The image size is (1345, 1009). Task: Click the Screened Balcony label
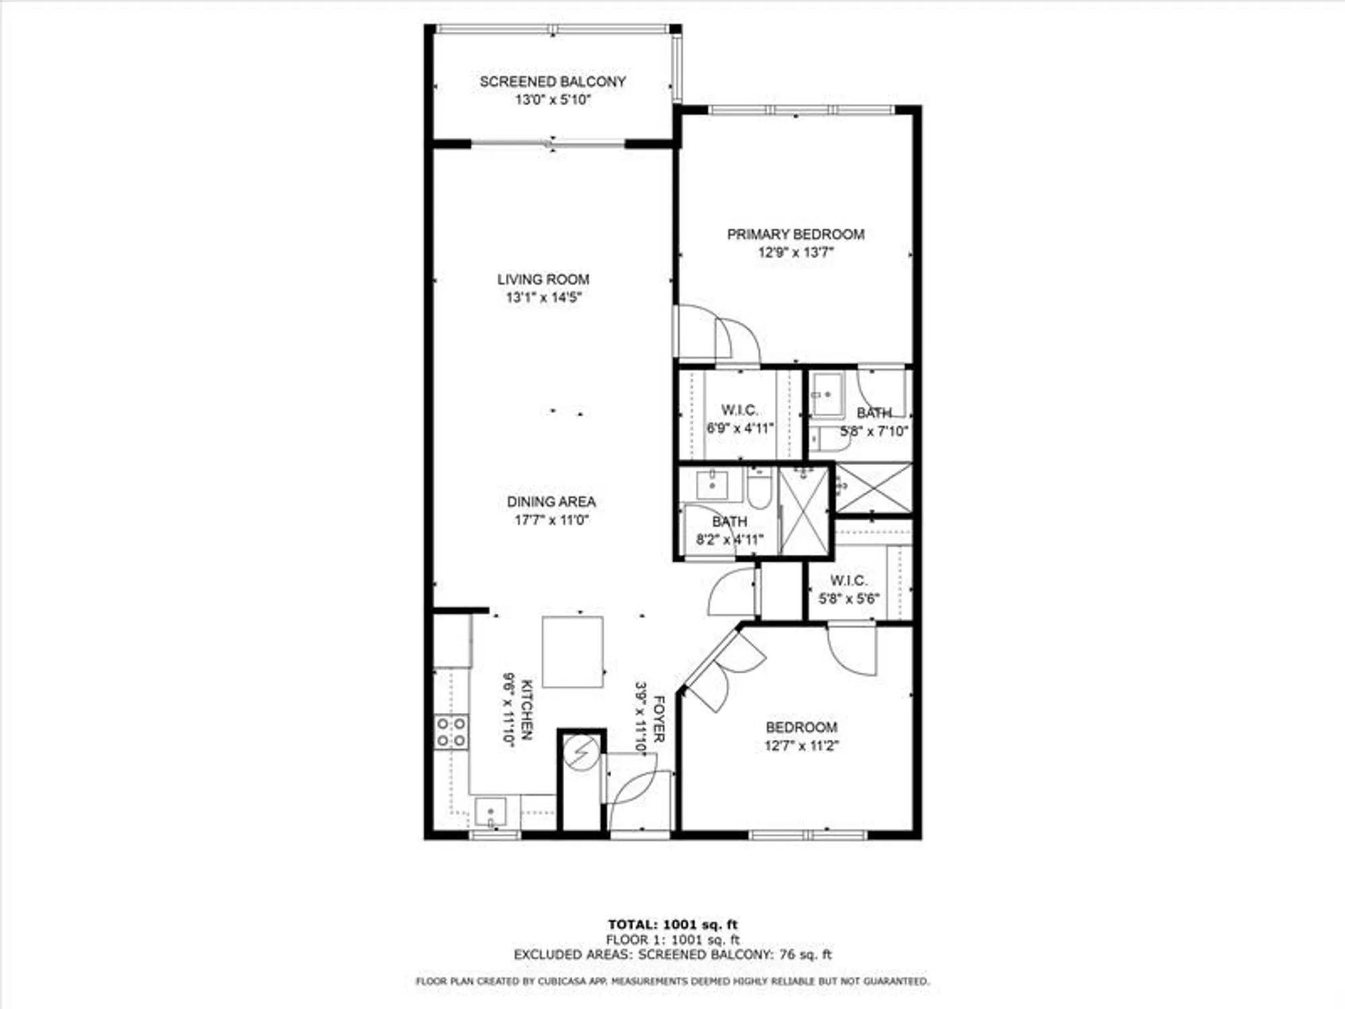[552, 81]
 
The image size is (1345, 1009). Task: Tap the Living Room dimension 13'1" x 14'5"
[543, 297]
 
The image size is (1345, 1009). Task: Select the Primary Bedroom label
[796, 234]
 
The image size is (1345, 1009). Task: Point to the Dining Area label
[551, 501]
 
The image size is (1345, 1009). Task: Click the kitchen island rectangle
[572, 651]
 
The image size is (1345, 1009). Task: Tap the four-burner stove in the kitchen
[451, 732]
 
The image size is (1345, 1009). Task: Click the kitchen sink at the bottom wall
[490, 812]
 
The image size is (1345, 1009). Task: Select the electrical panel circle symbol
[581, 753]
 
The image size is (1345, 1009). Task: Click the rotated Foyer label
[659, 719]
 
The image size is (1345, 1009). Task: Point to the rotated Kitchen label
[527, 710]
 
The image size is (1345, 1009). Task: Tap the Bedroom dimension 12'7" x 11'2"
[801, 745]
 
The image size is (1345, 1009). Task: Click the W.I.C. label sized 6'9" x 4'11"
[739, 410]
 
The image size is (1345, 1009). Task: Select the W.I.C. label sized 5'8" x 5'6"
[848, 580]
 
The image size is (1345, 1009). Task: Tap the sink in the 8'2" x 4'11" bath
[712, 484]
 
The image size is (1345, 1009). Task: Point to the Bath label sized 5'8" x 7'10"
[874, 412]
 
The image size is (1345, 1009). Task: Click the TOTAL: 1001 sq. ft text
[672, 924]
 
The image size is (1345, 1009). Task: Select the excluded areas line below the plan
[672, 955]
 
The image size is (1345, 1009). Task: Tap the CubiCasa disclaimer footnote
[672, 981]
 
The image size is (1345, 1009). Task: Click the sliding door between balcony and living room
[548, 143]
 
